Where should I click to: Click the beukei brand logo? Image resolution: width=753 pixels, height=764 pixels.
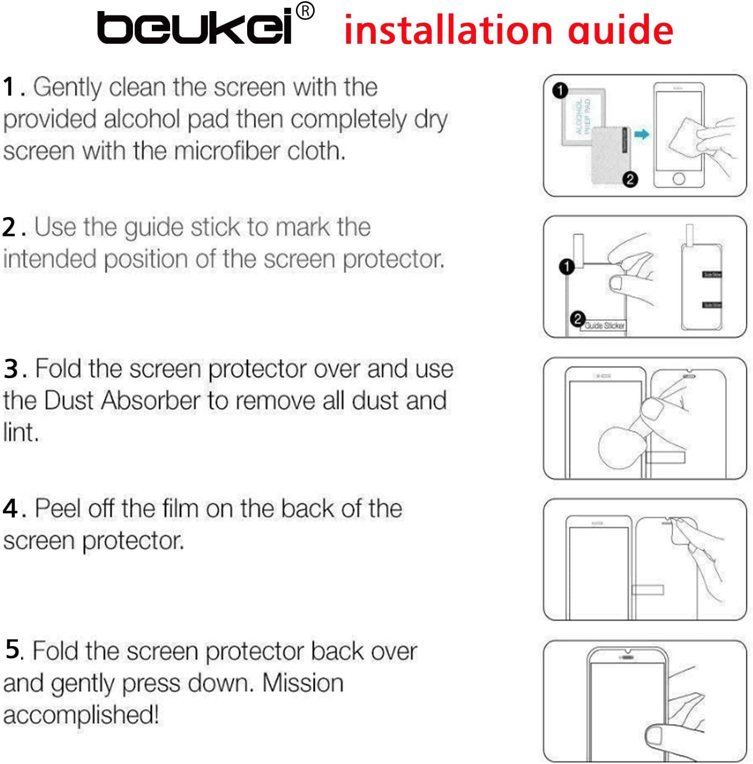195,27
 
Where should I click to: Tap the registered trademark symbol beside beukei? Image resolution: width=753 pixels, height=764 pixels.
305,11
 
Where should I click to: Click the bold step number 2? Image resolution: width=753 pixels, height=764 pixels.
9,228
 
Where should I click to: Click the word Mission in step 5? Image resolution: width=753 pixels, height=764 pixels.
303,683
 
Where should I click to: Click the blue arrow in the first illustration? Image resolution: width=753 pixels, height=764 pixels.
641,134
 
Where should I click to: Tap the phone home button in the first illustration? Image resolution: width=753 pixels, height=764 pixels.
679,179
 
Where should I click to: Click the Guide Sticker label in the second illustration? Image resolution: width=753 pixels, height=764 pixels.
605,326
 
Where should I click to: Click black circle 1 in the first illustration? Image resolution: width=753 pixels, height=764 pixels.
560,90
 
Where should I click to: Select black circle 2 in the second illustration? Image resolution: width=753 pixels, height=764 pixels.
577,319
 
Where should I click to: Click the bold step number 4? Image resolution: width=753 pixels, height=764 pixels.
11,509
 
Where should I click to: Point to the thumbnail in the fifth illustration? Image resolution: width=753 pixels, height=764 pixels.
654,736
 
